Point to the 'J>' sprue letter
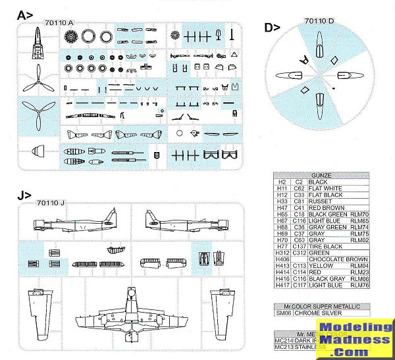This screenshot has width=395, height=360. [x=24, y=195]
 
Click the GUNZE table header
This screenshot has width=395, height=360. [x=321, y=175]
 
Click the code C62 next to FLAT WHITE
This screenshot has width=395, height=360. [x=299, y=188]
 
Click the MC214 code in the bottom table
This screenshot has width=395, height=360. [x=282, y=339]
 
